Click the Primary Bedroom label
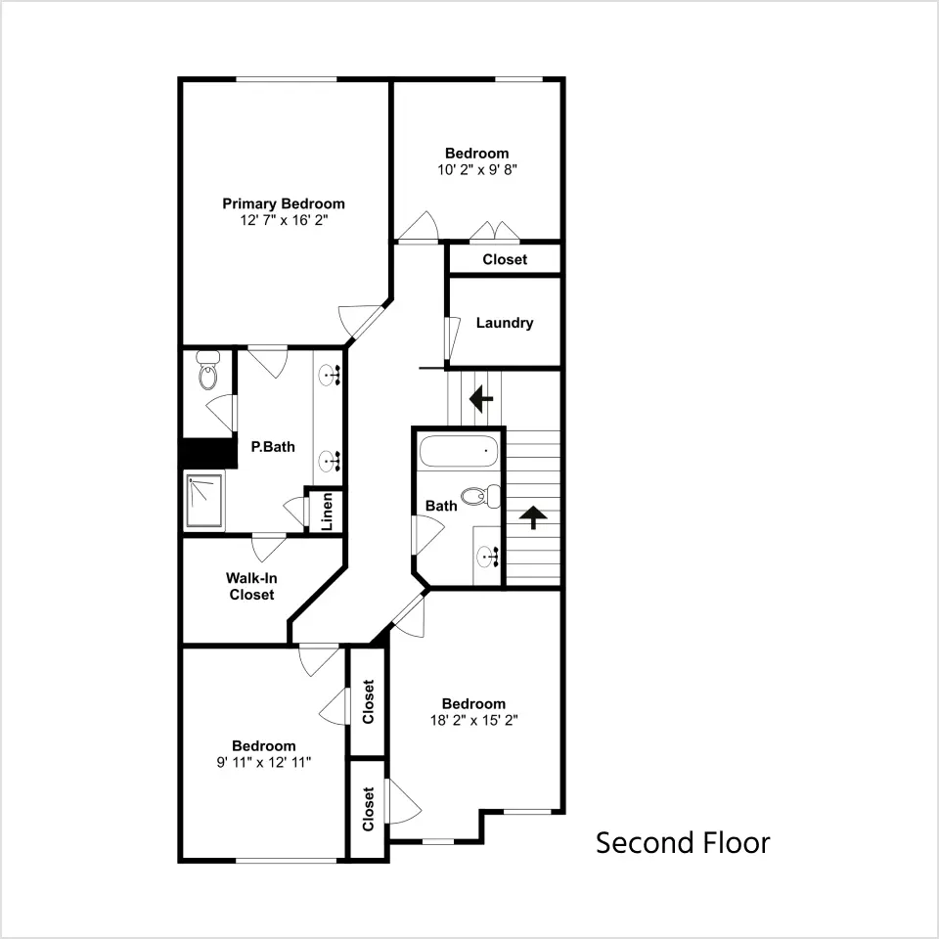point(284,203)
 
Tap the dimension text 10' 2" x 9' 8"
point(476,170)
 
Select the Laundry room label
point(505,323)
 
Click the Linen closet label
point(327,512)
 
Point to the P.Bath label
point(273,447)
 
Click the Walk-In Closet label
point(251,586)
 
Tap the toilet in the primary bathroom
point(207,371)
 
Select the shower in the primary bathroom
point(204,501)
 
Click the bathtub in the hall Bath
point(459,452)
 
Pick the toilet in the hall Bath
point(481,497)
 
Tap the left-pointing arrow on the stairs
point(481,398)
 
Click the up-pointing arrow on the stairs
point(533,517)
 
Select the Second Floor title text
point(683,843)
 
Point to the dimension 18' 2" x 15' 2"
point(473,721)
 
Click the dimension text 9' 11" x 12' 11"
point(264,762)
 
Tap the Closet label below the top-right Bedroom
point(505,259)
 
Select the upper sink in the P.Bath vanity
point(329,375)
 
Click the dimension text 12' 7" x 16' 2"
point(284,220)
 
